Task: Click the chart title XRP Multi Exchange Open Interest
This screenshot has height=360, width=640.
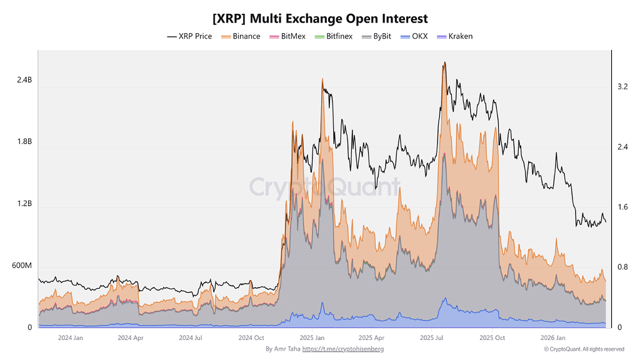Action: pyautogui.click(x=320, y=19)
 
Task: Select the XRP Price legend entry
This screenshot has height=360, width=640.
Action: pyautogui.click(x=189, y=36)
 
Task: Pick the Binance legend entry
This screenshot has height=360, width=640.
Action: pyautogui.click(x=241, y=36)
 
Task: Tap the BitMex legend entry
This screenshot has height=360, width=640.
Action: pyautogui.click(x=287, y=36)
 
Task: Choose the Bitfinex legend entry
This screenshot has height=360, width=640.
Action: pyautogui.click(x=334, y=36)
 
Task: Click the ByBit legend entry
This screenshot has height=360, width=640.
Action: pyautogui.click(x=376, y=36)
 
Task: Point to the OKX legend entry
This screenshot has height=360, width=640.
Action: pyautogui.click(x=414, y=36)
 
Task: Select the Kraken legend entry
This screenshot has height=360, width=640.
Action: pyautogui.click(x=455, y=36)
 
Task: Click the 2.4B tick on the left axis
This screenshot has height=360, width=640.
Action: pyautogui.click(x=24, y=80)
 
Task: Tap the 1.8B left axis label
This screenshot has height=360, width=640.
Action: pyautogui.click(x=24, y=142)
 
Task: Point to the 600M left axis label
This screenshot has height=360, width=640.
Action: pyautogui.click(x=22, y=266)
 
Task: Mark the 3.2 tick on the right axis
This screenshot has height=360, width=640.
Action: pyautogui.click(x=622, y=86)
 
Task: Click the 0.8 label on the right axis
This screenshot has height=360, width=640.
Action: pyautogui.click(x=622, y=267)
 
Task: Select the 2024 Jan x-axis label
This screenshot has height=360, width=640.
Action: pyautogui.click(x=70, y=338)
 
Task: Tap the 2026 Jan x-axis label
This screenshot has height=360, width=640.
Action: pyautogui.click(x=552, y=338)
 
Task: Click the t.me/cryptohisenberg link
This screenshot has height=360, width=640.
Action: pyautogui.click(x=343, y=349)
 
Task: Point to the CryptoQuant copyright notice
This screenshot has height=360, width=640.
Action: pyautogui.click(x=584, y=349)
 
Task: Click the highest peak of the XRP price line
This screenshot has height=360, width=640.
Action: pyautogui.click(x=444, y=63)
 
